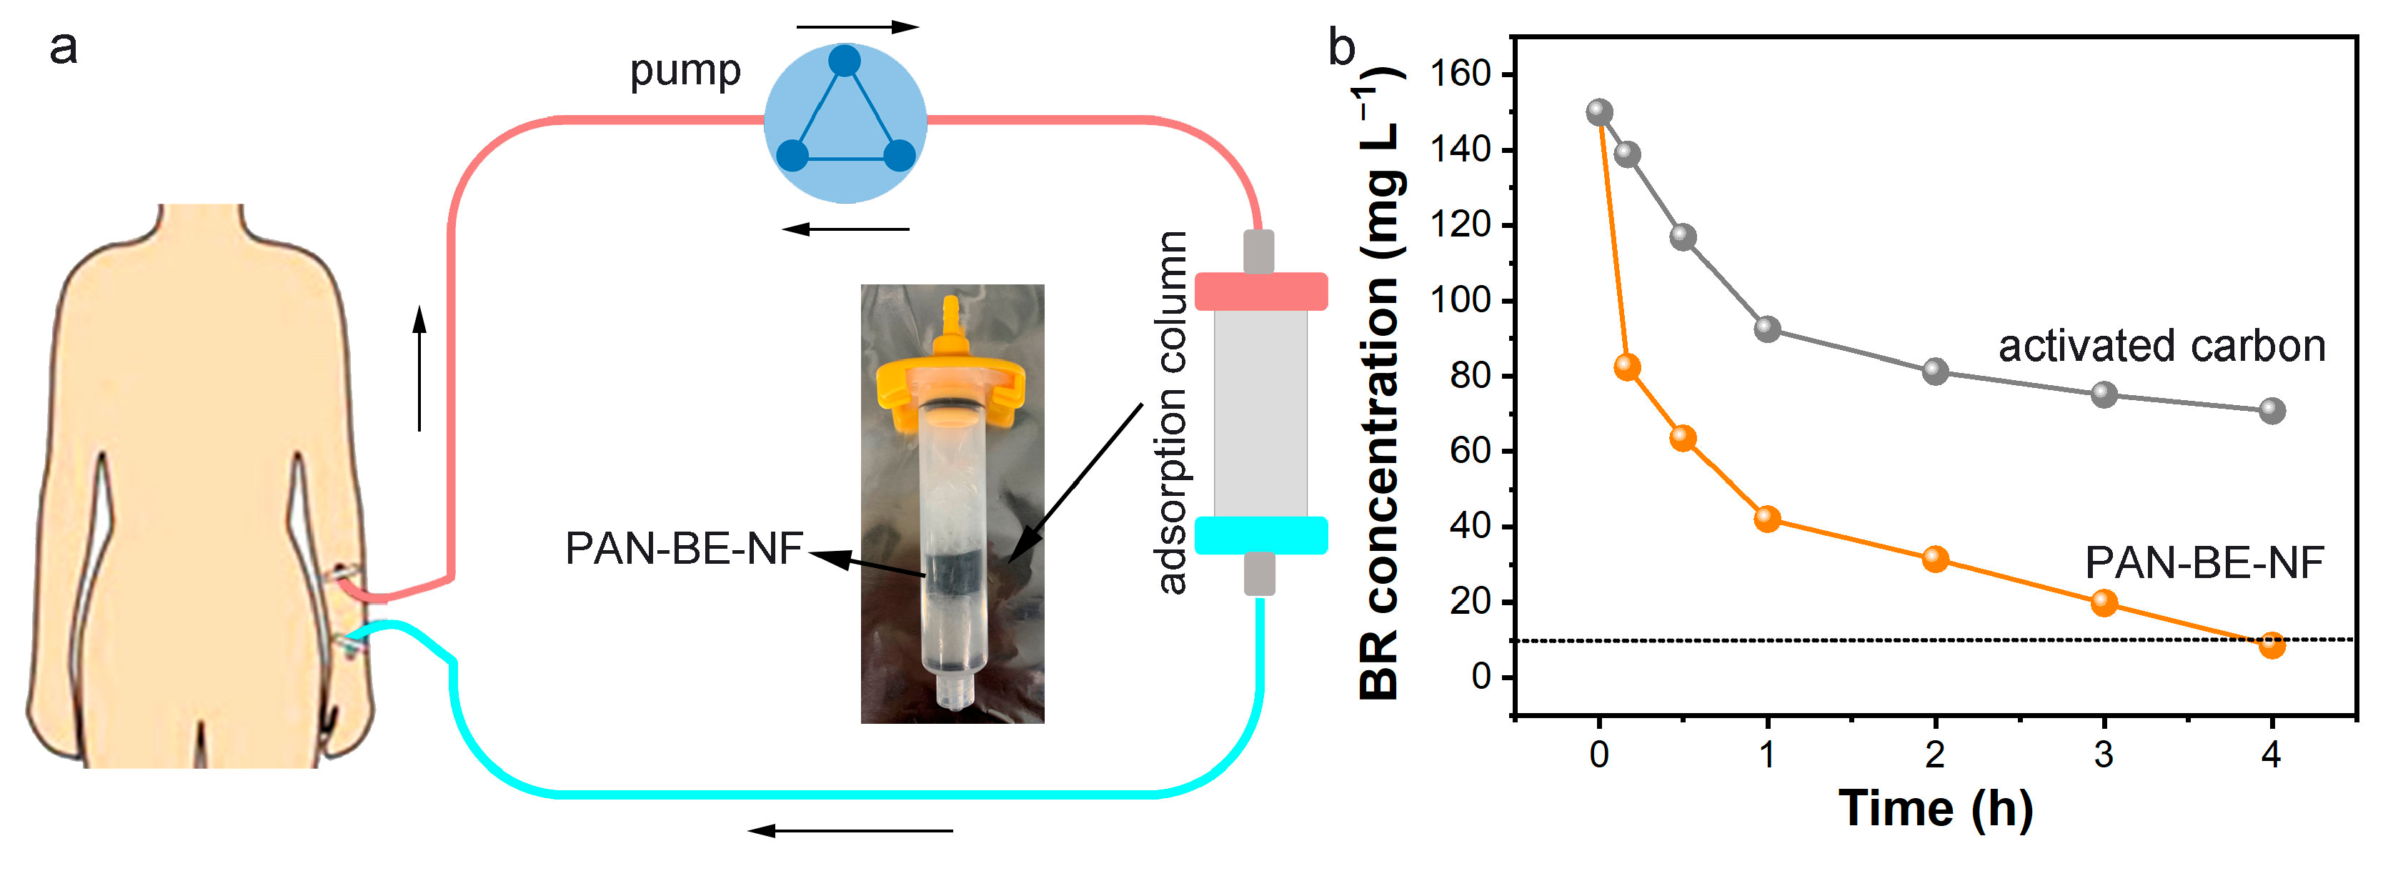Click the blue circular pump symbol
click(845, 122)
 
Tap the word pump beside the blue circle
click(685, 70)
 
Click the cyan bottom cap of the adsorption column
click(1261, 535)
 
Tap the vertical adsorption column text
click(1171, 412)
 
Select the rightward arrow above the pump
click(857, 27)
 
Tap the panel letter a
click(63, 46)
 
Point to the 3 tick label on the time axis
click(2104, 755)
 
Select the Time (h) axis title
click(1935, 809)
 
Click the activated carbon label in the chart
click(2162, 346)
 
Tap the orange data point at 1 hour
click(1767, 519)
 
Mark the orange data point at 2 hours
click(1935, 559)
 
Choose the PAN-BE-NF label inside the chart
click(2204, 562)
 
